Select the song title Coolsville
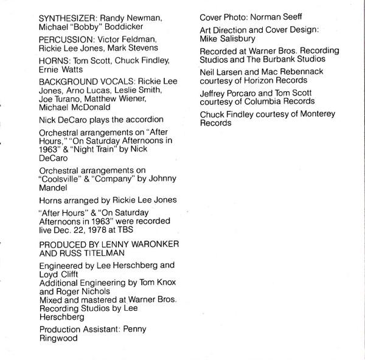[61, 179]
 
